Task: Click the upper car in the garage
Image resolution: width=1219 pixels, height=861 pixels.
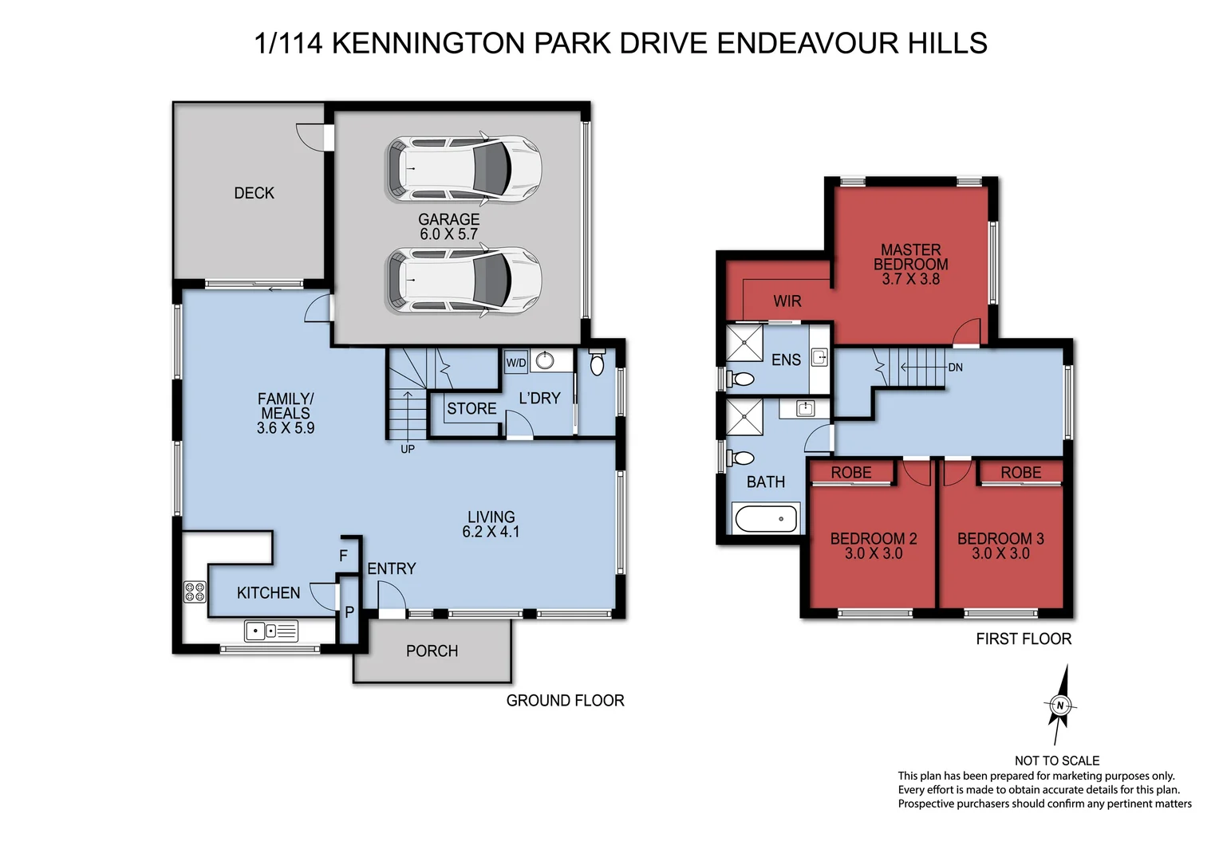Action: click(464, 169)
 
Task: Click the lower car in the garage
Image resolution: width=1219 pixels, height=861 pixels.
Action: click(464, 280)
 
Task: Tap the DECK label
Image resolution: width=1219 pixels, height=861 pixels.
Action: click(254, 193)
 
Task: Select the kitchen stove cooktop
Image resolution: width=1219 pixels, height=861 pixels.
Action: click(195, 592)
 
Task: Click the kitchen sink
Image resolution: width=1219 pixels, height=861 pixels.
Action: click(270, 631)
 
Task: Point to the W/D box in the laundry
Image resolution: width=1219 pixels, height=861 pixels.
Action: click(516, 363)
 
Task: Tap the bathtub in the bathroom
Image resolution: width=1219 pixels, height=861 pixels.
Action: click(766, 518)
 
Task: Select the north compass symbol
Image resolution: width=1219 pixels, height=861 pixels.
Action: click(1059, 706)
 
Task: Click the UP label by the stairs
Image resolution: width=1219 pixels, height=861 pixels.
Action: click(408, 449)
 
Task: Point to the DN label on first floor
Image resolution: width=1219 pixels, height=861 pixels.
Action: click(955, 368)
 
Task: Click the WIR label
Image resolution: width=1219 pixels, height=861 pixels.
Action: click(787, 301)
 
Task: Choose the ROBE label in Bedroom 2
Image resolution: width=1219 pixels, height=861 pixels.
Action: click(851, 473)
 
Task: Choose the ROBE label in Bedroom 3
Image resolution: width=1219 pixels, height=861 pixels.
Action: click(1020, 473)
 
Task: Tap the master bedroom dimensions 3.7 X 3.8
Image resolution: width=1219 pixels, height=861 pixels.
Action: click(910, 279)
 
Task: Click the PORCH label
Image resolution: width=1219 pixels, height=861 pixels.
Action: click(432, 651)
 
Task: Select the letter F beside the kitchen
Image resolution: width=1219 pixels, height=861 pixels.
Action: click(344, 556)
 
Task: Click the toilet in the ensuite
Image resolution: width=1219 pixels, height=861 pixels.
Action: click(741, 379)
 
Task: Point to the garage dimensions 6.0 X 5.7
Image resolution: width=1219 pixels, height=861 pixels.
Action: click(448, 234)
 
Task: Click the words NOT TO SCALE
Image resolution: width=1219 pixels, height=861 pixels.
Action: click(1056, 761)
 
